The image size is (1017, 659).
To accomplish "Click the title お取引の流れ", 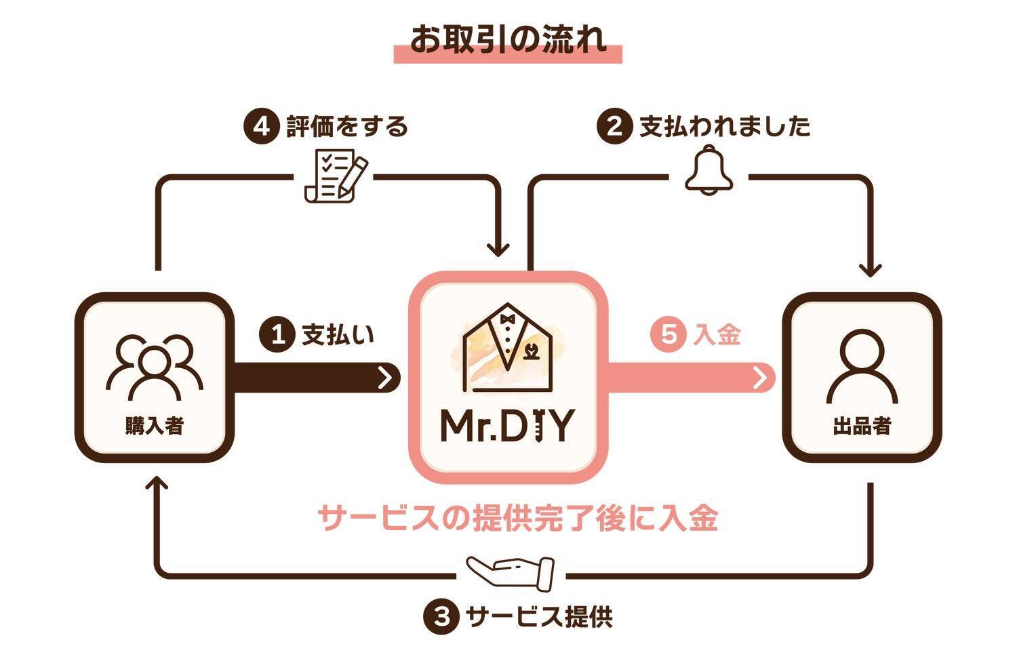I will click(507, 40).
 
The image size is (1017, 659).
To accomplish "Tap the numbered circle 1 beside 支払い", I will click(277, 335).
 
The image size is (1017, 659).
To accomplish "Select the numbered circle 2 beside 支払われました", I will click(614, 127).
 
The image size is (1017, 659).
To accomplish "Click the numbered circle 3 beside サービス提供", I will click(441, 617).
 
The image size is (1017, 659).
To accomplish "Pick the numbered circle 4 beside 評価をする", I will click(261, 127).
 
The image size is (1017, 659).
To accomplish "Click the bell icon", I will click(709, 170).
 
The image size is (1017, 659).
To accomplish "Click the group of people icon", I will click(155, 367).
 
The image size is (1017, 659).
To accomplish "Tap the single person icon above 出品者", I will click(862, 367).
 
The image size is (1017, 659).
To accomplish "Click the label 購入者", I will click(155, 426).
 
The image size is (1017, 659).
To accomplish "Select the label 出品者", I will click(862, 427).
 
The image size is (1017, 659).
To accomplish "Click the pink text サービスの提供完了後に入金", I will click(517, 519).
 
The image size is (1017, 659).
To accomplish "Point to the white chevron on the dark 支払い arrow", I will click(386, 378).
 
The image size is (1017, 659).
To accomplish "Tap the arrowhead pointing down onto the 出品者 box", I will click(870, 270).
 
